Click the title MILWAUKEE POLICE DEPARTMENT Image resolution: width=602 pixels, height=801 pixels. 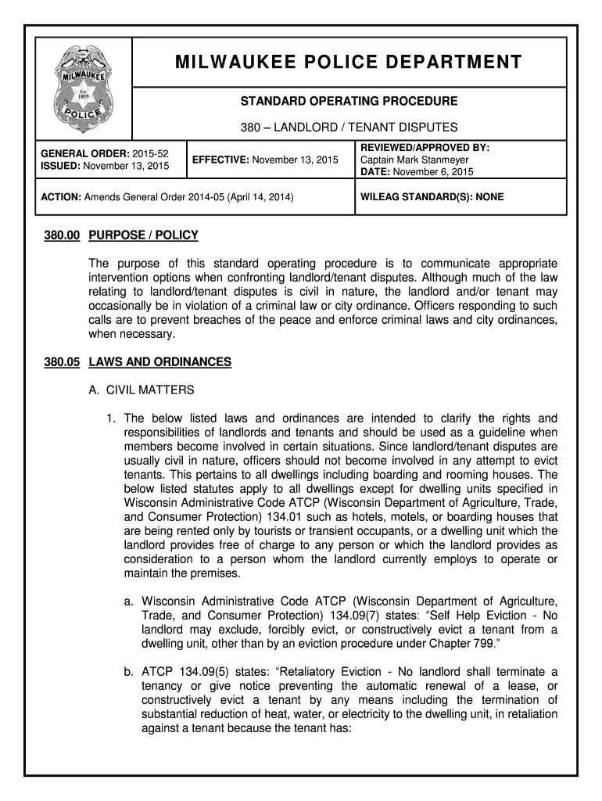point(349,62)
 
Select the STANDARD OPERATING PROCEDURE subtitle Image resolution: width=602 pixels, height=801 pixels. point(349,101)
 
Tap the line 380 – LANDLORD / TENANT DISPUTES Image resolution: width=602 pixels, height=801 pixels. point(349,127)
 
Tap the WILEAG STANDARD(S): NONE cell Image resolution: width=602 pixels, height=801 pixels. point(432,197)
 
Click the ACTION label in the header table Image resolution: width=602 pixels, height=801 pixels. point(59,198)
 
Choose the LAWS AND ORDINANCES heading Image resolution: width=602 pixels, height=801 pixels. point(159,361)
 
